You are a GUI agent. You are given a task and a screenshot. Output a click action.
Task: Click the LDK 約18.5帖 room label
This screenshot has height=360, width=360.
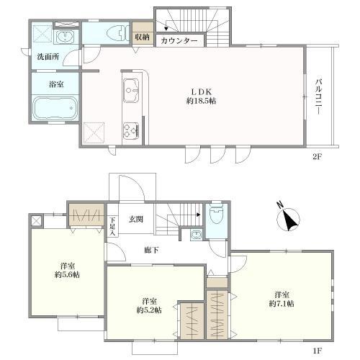201,96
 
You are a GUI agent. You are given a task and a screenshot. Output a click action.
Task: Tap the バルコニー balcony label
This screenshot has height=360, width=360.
318,96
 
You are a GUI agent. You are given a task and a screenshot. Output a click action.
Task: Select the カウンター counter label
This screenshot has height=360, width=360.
179,41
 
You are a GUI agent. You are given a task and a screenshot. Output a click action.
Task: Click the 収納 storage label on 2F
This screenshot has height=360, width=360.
142,37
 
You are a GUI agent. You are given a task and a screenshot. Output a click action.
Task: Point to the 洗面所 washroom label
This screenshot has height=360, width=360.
48,57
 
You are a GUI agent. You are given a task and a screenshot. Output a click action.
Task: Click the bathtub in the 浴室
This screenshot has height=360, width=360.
55,108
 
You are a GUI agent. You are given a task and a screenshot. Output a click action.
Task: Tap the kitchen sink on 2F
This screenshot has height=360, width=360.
131,91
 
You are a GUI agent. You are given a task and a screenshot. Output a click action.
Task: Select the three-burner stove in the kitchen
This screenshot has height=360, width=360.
131,131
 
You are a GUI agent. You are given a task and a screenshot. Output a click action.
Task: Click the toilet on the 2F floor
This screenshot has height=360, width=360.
117,33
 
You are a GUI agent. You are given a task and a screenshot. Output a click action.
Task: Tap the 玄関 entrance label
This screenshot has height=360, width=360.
136,219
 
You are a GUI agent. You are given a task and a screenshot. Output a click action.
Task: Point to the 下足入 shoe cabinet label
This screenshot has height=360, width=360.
112,226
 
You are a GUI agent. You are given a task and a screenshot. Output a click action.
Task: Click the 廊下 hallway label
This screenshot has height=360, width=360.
151,251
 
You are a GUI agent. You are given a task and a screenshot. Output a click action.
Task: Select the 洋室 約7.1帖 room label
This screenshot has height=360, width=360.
282,300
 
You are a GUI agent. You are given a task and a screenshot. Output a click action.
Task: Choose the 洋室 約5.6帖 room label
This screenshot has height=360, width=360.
68,270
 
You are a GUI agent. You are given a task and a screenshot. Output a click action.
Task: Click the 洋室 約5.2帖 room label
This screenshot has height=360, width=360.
149,305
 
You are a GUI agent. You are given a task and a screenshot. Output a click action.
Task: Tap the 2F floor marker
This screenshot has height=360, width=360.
317,157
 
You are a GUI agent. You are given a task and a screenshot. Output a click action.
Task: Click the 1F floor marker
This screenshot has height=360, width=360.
317,351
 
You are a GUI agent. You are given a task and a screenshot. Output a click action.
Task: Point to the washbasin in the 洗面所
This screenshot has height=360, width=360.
66,37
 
